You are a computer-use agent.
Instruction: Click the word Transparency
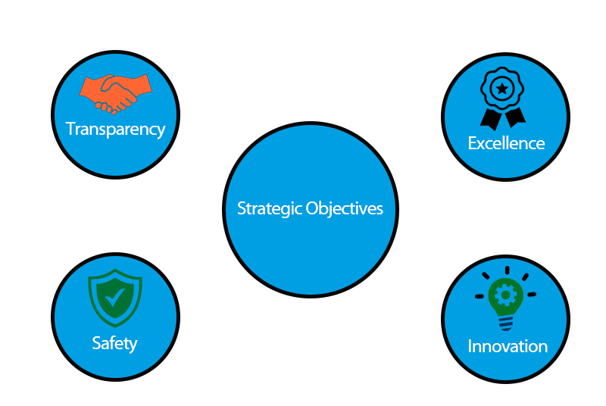pyautogui.click(x=115, y=129)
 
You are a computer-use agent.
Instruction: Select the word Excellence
pyautogui.click(x=506, y=143)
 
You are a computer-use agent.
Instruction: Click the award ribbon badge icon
pyautogui.click(x=502, y=97)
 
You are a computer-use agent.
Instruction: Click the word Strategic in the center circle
pyautogui.click(x=270, y=208)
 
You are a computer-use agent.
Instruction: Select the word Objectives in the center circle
pyautogui.click(x=344, y=208)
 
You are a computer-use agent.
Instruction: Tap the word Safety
pyautogui.click(x=114, y=343)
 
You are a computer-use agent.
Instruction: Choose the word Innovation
pyautogui.click(x=507, y=346)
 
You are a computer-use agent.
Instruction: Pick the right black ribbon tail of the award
pyautogui.click(x=515, y=117)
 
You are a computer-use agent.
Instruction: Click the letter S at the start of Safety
pyautogui.click(x=96, y=343)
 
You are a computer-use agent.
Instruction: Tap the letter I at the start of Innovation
pyautogui.click(x=470, y=346)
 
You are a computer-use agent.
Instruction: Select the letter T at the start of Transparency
pyautogui.click(x=70, y=129)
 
